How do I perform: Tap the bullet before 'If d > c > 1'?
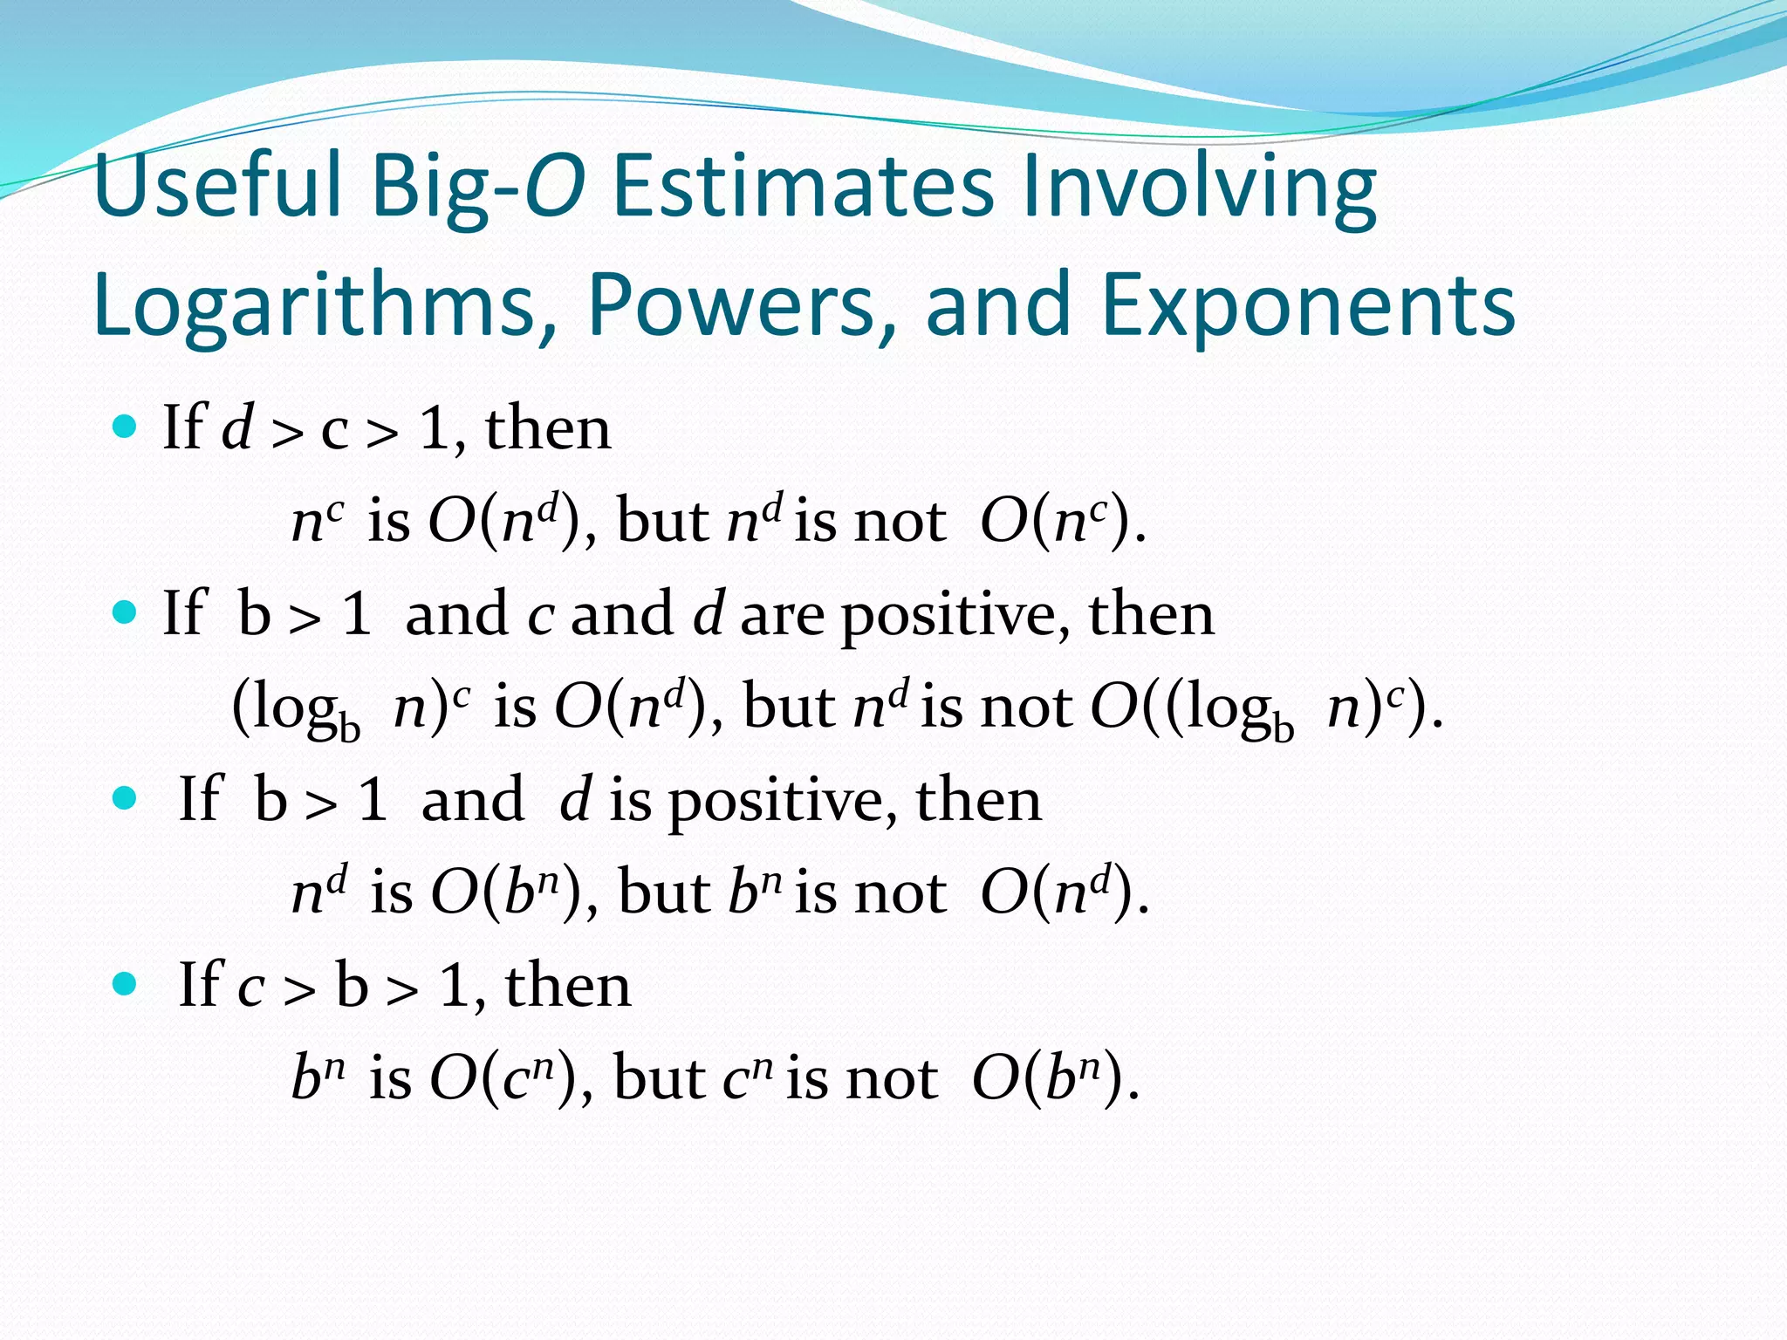pyautogui.click(x=126, y=427)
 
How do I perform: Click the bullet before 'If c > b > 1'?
pyautogui.click(x=126, y=984)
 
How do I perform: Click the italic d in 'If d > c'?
pyautogui.click(x=237, y=428)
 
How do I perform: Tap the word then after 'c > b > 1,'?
pyautogui.click(x=568, y=986)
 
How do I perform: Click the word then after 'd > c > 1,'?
pyautogui.click(x=548, y=429)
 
